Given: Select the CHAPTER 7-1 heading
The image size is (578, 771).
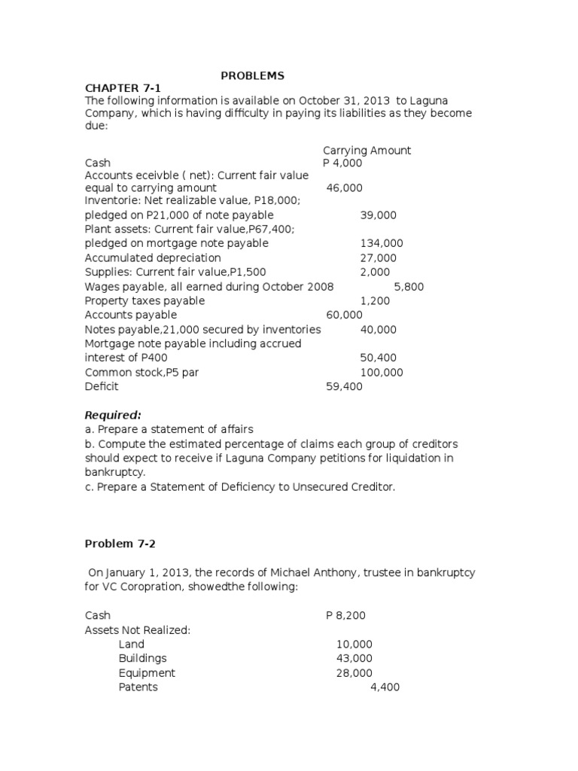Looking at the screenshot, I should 123,89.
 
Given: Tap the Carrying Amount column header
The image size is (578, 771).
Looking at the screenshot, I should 367,150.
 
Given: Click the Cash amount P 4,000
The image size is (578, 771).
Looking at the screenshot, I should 342,163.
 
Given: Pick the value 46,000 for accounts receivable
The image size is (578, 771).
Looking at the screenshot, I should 344,187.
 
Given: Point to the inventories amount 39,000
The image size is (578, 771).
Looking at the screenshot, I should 378,215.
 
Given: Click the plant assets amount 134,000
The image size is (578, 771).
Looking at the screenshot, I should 382,243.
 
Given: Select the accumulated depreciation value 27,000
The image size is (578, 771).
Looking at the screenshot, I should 378,258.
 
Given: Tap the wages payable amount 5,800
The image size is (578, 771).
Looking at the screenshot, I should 409,286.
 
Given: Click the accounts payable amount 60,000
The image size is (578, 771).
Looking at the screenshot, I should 344,315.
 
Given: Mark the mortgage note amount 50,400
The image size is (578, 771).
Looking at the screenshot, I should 378,358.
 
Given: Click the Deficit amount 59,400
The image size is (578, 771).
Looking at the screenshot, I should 344,386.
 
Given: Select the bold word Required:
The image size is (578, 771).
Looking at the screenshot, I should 113,415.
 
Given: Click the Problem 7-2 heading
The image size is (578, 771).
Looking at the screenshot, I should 121,544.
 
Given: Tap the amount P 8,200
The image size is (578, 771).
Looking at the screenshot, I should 345,615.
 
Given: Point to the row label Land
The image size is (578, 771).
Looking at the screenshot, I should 132,644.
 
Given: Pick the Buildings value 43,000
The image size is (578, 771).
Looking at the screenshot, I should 354,658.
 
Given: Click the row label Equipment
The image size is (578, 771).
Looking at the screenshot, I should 147,672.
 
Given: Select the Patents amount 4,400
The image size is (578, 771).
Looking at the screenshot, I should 385,687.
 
